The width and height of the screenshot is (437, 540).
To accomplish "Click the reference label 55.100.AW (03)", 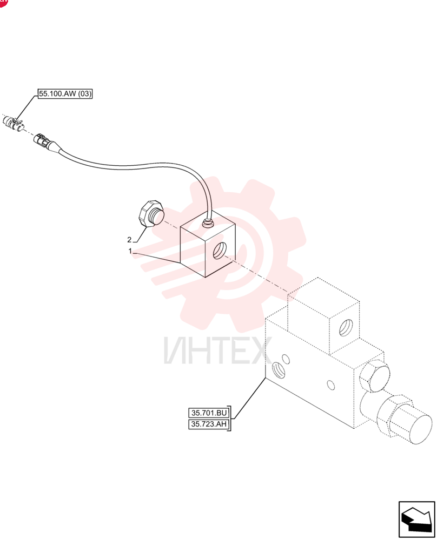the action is point(65,93).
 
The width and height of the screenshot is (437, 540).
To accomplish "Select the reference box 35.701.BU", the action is point(209,413).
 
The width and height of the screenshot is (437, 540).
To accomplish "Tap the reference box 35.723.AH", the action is point(209,424).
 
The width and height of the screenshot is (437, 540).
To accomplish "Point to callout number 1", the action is point(130,251).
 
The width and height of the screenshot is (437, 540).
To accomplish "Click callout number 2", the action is point(129,240).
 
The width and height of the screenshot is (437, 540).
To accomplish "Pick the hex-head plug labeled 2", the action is point(150,213).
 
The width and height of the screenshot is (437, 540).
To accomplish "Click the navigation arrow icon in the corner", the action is point(416,519).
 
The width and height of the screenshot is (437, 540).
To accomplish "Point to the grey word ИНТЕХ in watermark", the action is point(218,350).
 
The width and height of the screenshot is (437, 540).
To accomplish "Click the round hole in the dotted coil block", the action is point(346,328).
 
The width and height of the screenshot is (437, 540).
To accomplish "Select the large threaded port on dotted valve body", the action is point(279,370).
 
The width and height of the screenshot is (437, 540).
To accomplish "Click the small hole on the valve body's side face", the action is point(331,385).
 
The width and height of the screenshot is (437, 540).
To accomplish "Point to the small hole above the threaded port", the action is point(285,360).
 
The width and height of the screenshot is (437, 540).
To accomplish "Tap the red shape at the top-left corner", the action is point(3,3).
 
